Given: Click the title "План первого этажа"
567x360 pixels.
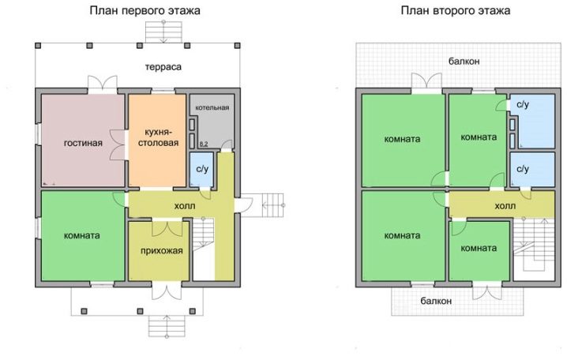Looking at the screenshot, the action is (145, 11).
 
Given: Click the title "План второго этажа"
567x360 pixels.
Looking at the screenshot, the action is (456, 11).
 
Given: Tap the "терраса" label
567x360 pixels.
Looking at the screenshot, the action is (163, 67).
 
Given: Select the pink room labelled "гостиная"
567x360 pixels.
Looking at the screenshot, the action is (83, 141).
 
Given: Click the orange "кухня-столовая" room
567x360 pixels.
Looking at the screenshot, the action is (157, 141).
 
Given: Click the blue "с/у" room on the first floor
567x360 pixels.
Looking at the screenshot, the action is (202, 169).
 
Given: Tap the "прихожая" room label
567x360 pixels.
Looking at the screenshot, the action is (162, 251).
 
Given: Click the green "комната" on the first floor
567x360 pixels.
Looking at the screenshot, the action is (83, 236).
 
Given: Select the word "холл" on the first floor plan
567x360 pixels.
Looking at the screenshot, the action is (185, 206).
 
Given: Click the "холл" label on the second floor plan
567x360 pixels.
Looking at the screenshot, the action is (505, 206).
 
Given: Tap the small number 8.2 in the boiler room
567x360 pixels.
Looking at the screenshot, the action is (204, 144).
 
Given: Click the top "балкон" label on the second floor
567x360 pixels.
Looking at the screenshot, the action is (464, 62).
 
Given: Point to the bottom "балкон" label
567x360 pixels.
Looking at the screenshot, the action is (436, 301).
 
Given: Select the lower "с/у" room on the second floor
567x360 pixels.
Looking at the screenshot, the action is (532, 169).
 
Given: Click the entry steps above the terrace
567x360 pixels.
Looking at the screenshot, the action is (163, 32).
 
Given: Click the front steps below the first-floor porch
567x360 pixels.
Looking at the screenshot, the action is (167, 326).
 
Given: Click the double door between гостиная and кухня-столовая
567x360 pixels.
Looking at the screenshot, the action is (118, 144).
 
